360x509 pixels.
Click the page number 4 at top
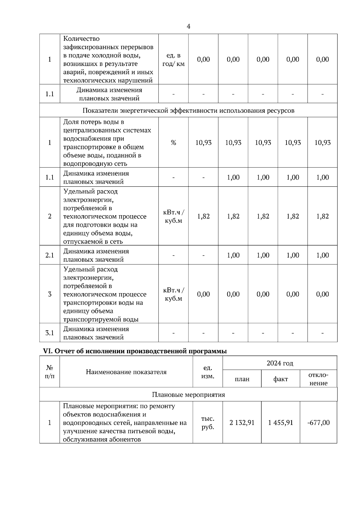click(188, 26)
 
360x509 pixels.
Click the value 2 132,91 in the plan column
click(242, 423)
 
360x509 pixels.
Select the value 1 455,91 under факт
click(280, 423)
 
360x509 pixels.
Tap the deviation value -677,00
click(318, 423)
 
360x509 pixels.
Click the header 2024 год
click(280, 363)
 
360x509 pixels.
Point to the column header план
click(242, 379)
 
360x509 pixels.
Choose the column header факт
click(280, 379)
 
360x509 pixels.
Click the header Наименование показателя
click(126, 372)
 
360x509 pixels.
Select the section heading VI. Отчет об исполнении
click(135, 351)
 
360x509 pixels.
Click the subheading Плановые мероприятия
click(188, 394)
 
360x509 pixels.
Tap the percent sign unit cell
click(173, 143)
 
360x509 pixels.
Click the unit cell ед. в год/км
click(173, 60)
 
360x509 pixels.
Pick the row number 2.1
click(49, 255)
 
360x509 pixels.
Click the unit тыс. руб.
click(208, 423)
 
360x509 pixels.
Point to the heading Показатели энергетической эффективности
click(188, 111)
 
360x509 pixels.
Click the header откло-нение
click(318, 379)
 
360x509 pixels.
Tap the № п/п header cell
click(49, 372)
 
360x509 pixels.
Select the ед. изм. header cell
click(208, 372)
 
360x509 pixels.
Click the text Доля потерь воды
click(94, 122)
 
